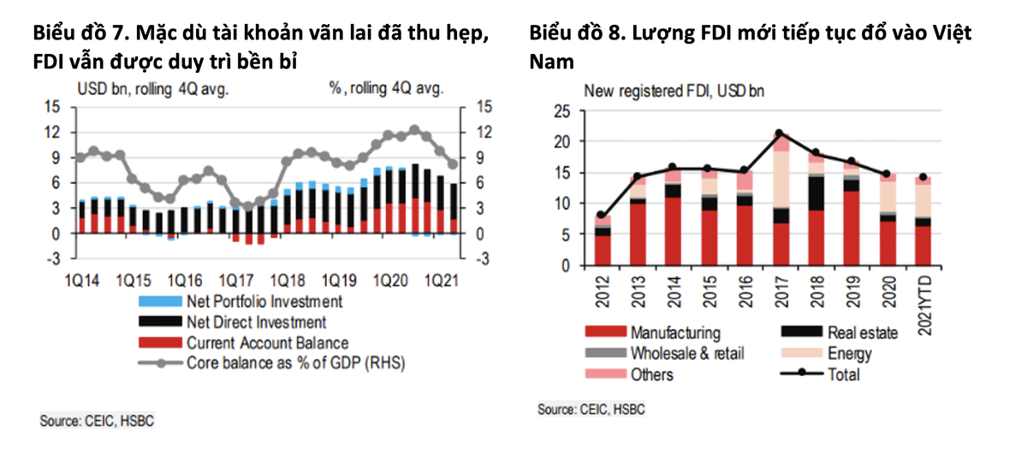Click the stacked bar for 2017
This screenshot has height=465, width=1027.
point(781,206)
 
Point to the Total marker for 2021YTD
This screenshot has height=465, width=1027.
point(923,177)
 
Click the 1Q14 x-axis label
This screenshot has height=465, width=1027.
point(82,280)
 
